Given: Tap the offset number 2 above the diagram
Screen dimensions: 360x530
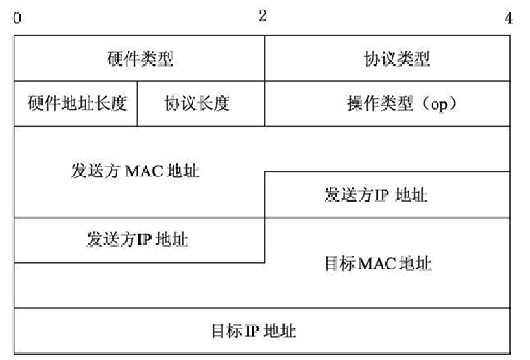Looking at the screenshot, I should [x=263, y=16].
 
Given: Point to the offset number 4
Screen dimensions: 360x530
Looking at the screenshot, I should [x=508, y=18].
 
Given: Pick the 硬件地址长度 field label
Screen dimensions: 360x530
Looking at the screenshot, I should [x=77, y=104].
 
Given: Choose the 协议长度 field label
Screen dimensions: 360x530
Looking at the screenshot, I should [x=196, y=104].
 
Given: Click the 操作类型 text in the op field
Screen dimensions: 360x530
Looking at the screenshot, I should [x=380, y=104].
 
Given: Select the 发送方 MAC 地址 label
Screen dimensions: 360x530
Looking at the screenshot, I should [x=135, y=171].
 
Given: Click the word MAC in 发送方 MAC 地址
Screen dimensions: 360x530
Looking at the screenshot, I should [x=143, y=171].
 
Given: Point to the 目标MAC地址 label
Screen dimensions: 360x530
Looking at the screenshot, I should [x=378, y=263].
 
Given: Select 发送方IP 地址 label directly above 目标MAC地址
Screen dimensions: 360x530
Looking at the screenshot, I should [x=376, y=195].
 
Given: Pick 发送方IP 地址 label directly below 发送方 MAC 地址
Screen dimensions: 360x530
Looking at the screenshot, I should [x=138, y=239].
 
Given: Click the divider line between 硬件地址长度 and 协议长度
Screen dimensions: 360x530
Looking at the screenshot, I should [x=137, y=104].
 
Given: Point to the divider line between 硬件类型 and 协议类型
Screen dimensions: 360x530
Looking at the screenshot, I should [x=265, y=58].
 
